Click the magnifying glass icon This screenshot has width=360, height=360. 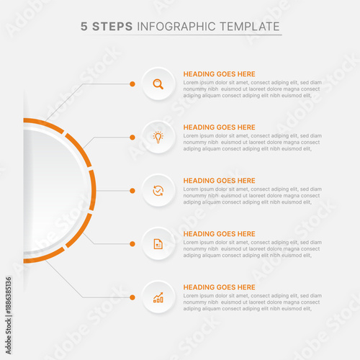point(158,84)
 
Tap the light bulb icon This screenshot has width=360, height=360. point(158,137)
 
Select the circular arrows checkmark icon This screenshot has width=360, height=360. point(158,191)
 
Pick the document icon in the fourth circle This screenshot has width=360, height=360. point(158,244)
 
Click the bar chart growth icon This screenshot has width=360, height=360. point(158,297)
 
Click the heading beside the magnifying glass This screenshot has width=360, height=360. point(219,74)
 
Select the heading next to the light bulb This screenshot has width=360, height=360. point(219,127)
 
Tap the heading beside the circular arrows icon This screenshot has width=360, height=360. point(219,181)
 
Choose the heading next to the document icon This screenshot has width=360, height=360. point(219,234)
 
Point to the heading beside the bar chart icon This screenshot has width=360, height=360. point(219,287)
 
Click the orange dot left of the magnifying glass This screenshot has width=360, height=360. point(132,84)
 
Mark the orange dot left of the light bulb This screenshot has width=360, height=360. point(132,137)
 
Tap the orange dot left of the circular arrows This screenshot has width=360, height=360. point(132,191)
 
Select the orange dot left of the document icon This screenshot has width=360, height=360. point(132,244)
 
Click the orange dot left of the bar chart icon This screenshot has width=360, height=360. point(132,297)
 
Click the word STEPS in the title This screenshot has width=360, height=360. point(112,27)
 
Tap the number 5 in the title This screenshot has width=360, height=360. point(84,27)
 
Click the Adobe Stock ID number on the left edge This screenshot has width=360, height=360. point(8,302)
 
